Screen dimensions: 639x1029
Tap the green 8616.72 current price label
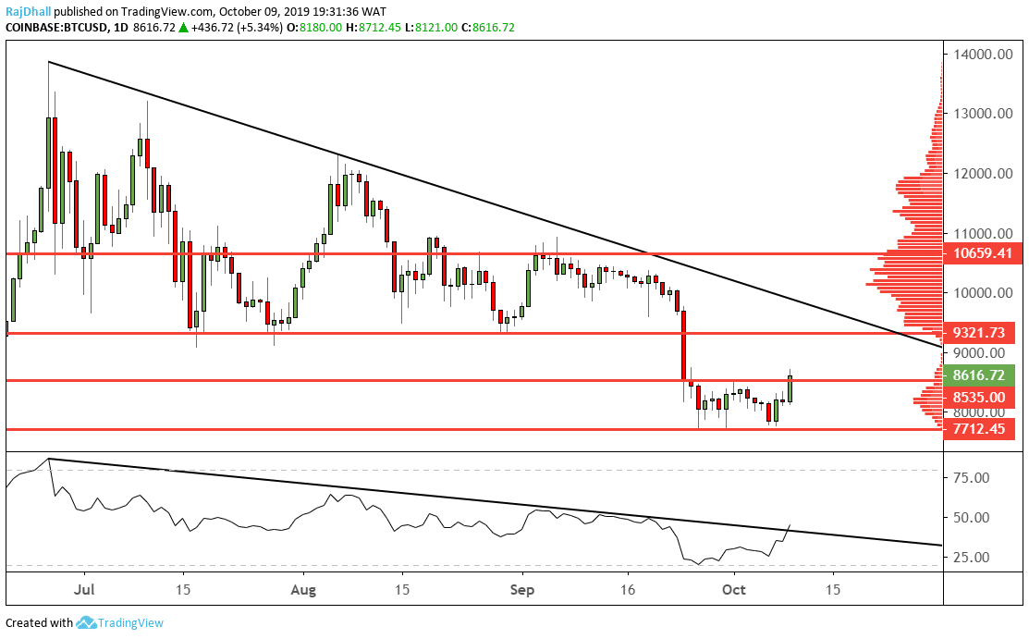click(978, 375)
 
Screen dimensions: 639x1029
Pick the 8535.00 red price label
click(978, 398)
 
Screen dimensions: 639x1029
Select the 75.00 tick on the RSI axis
click(970, 477)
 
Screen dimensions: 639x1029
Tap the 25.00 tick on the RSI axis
click(970, 557)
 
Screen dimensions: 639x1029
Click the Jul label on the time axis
click(85, 588)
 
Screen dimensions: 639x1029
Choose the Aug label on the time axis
click(303, 588)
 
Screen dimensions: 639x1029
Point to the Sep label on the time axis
click(523, 588)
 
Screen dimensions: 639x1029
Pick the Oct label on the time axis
click(734, 588)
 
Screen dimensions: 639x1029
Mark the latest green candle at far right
click(790, 388)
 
